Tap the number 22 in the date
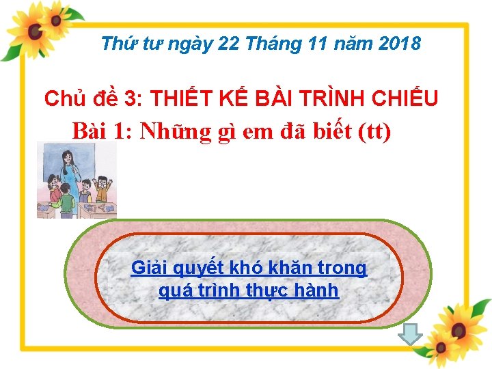tap(230, 44)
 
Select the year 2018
tap(398, 44)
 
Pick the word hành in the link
tap(318, 290)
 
